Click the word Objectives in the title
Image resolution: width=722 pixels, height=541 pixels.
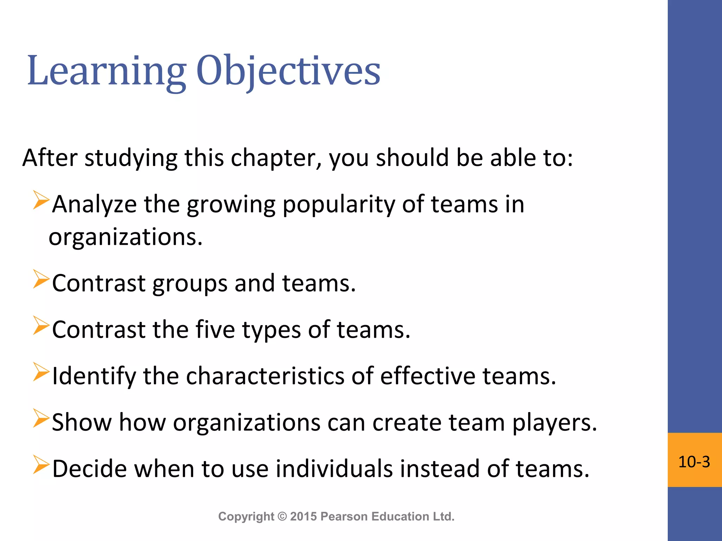tap(288, 71)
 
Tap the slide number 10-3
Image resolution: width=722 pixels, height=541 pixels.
tap(694, 462)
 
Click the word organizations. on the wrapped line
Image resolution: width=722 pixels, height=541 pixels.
tap(126, 237)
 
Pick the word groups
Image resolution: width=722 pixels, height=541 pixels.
tap(190, 284)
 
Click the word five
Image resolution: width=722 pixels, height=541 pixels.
tap(215, 330)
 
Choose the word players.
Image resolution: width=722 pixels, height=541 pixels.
tap(554, 423)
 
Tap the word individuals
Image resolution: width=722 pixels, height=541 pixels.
tap(334, 469)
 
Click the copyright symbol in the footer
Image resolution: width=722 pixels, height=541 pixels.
tap(282, 516)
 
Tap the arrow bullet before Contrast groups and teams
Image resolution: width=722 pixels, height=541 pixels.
tap(41, 279)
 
